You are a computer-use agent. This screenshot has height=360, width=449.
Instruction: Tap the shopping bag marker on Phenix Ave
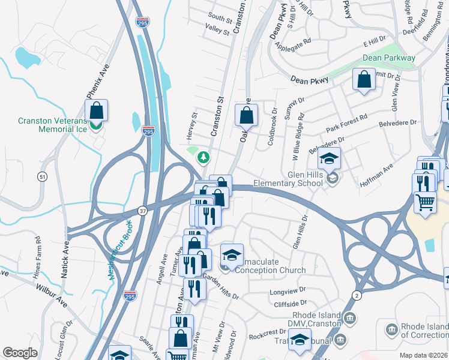pyautogui.click(x=96, y=111)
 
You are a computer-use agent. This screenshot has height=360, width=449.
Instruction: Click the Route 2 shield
pyautogui.click(x=357, y=295)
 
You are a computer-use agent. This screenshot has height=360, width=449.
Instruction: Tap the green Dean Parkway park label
pyautogui.click(x=389, y=58)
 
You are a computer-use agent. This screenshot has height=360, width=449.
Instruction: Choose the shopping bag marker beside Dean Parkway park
pyautogui.click(x=364, y=80)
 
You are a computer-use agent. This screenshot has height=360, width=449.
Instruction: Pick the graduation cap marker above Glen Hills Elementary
pyautogui.click(x=329, y=159)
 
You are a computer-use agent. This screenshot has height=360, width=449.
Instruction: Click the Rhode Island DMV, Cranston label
pyautogui.click(x=316, y=319)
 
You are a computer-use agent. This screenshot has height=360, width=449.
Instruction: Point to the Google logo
pyautogui.click(x=20, y=353)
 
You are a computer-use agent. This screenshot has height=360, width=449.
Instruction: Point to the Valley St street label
pyautogui.click(x=217, y=29)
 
